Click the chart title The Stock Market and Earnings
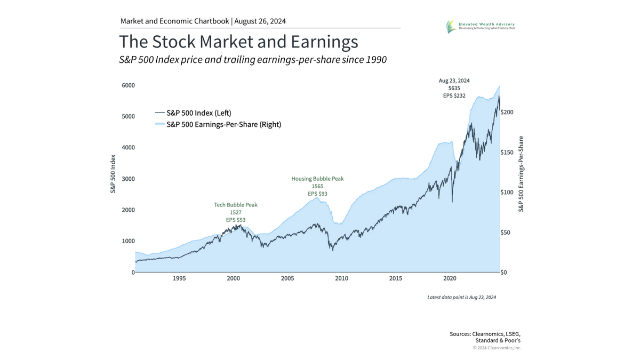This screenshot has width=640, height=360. click(238, 42)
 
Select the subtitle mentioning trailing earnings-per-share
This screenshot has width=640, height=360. click(253, 60)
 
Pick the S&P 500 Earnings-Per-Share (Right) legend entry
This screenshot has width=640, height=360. click(218, 124)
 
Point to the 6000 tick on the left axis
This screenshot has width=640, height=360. click(127, 85)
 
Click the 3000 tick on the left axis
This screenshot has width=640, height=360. click(127, 179)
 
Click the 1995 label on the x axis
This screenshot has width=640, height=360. click(179, 278)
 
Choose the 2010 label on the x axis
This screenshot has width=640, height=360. click(341, 278)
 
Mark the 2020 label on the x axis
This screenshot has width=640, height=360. click(450, 278)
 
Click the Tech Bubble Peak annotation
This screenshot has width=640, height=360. click(235, 205)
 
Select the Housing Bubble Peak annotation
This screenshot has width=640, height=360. click(317, 179)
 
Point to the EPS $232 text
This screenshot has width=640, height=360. click(454, 95)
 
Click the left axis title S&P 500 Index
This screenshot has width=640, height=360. click(113, 174)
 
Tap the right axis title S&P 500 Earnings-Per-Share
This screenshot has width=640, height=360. click(521, 174)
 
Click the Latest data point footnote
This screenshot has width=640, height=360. click(461, 297)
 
